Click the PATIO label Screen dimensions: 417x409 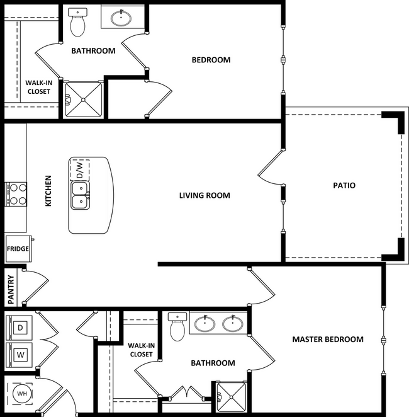point(344,186)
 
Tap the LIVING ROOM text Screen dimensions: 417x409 point(204,196)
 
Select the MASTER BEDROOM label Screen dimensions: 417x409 point(327,340)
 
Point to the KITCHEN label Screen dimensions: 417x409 point(48,191)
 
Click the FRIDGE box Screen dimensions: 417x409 point(18,249)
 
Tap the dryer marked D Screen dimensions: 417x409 point(20,328)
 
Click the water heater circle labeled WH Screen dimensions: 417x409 point(21,395)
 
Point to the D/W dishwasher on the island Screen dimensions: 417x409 point(80,169)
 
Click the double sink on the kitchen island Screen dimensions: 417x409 point(79,195)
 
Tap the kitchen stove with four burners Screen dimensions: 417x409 point(16,194)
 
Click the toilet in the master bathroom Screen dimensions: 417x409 point(177,326)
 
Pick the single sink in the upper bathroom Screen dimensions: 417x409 point(121,18)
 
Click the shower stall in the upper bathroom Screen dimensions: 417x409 point(84,100)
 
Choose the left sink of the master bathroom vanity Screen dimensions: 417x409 point(204,324)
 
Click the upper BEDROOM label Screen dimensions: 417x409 point(211,60)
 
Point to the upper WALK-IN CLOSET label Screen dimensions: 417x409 point(38,87)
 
